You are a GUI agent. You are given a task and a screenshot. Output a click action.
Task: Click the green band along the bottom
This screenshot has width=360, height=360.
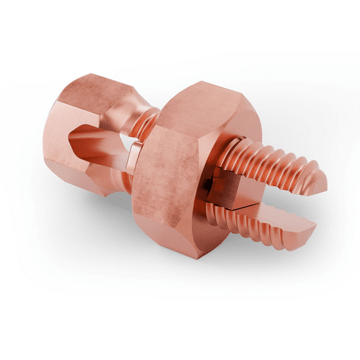[x=180, y=334]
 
